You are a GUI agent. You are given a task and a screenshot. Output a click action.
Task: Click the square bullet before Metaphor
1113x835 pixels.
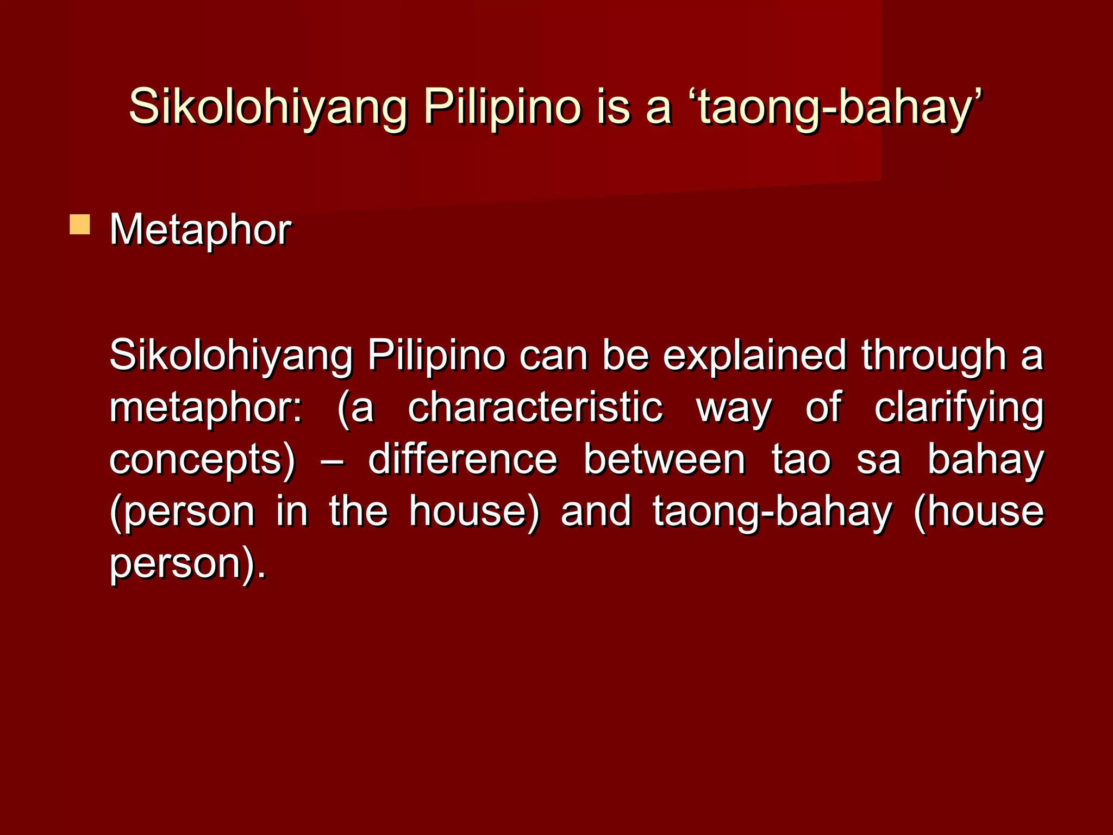pos(80,225)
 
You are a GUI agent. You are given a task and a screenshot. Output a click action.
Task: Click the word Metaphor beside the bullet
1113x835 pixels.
pos(201,230)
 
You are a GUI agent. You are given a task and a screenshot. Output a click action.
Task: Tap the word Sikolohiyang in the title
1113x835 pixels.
pos(268,107)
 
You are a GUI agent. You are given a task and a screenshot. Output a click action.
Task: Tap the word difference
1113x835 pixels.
pos(462,459)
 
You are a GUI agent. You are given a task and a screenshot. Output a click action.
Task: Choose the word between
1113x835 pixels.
pos(664,459)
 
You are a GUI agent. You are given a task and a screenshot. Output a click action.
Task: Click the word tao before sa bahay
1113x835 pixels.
pos(801,459)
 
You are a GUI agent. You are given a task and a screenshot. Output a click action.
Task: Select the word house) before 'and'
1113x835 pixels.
pos(474,512)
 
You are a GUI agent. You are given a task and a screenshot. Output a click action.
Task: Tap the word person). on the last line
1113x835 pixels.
pos(188,564)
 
